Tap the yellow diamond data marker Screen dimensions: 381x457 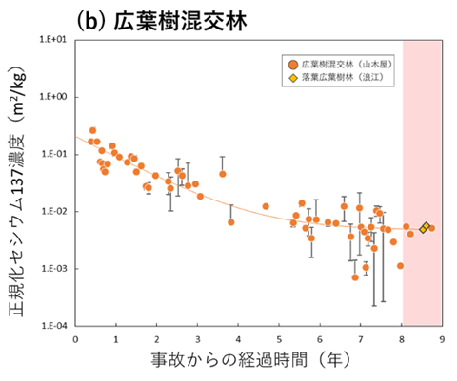click(x=425, y=226)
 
